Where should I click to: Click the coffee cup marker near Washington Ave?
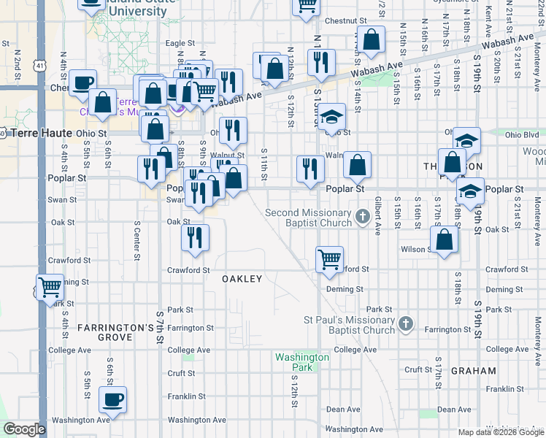[x=112, y=399]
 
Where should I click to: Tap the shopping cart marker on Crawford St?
[x=329, y=259]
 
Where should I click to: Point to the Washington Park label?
[x=302, y=361]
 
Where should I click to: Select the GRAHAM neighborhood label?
[x=473, y=371]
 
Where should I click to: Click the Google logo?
[x=24, y=429]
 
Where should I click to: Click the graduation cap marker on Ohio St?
[x=331, y=116]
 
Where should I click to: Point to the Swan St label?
[x=63, y=199]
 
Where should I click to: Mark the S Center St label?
[x=136, y=242]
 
